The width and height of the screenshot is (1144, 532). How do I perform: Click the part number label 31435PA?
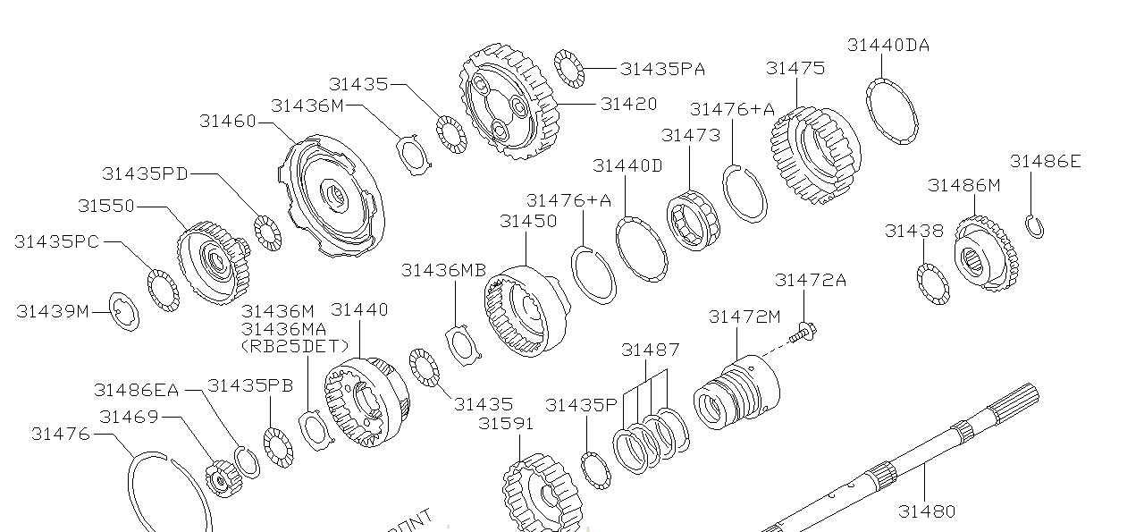(x=662, y=69)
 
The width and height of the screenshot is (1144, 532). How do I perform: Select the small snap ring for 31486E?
(x=1035, y=227)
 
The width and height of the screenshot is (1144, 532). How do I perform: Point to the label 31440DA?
(x=887, y=45)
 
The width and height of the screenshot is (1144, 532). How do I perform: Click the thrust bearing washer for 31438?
(x=933, y=283)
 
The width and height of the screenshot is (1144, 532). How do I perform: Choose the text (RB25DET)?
(x=295, y=345)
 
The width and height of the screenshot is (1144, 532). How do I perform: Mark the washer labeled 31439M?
(x=123, y=311)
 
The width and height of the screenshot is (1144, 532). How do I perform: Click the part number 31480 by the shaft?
(x=927, y=511)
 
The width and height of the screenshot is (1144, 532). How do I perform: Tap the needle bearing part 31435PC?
(x=163, y=289)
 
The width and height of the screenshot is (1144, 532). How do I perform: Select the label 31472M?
(x=744, y=317)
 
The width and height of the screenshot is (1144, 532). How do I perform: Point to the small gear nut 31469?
(x=219, y=478)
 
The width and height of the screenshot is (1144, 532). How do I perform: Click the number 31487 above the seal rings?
(x=651, y=350)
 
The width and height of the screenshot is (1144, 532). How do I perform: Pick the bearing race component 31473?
(x=691, y=220)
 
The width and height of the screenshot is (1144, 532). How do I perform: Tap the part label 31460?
(x=227, y=122)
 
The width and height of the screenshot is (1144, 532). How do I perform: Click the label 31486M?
(x=963, y=185)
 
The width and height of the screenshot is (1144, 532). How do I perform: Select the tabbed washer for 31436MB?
(x=463, y=343)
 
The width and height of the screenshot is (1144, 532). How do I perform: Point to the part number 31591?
(x=505, y=423)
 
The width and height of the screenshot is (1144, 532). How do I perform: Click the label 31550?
(x=105, y=206)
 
